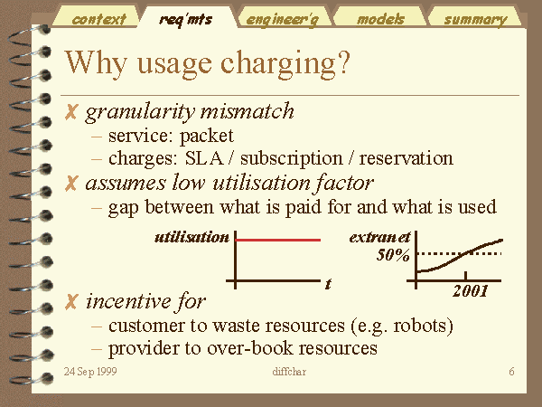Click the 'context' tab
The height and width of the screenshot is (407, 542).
click(98, 19)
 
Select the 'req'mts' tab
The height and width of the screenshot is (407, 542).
click(186, 19)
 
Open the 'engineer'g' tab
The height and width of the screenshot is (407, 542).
click(283, 20)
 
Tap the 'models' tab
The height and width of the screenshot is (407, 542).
click(380, 19)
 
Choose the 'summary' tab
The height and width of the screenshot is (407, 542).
click(476, 20)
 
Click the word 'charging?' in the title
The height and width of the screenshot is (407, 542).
click(285, 64)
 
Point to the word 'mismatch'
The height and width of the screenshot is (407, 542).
click(248, 111)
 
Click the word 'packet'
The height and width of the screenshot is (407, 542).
click(207, 137)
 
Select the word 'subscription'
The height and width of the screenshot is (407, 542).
click(292, 159)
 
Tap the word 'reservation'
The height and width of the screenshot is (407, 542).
click(406, 158)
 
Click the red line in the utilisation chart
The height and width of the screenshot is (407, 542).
click(278, 240)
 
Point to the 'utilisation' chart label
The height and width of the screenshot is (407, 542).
click(192, 237)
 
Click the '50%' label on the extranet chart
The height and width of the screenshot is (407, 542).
click(393, 255)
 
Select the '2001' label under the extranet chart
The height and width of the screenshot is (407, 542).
click(471, 291)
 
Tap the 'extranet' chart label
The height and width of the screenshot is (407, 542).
click(379, 237)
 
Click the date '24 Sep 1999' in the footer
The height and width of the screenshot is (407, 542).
click(90, 372)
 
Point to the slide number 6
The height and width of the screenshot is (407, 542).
click(511, 372)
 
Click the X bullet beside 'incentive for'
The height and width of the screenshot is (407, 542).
click(70, 302)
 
